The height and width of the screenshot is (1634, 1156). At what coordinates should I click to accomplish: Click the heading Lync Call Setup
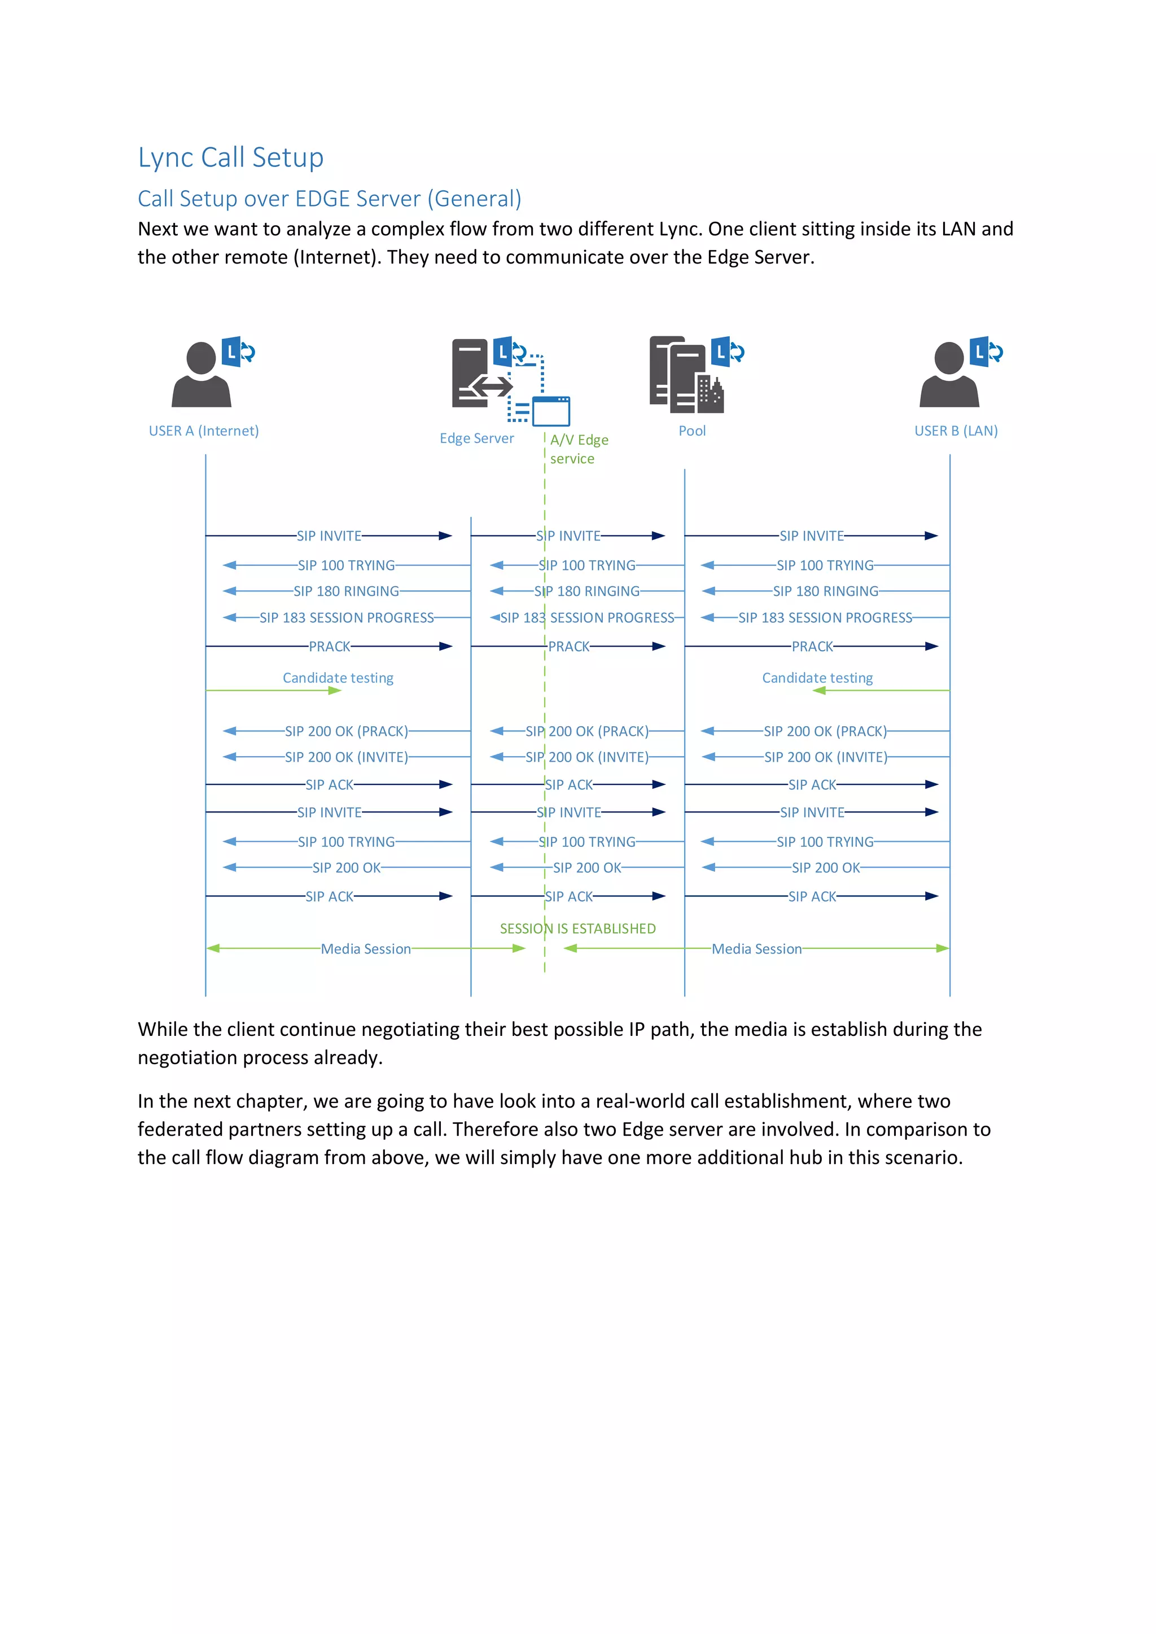point(231,157)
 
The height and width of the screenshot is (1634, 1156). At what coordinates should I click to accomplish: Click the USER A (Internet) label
point(204,431)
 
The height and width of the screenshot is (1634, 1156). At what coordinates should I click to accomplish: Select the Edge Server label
point(476,438)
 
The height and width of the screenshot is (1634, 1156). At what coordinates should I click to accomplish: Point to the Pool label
point(692,431)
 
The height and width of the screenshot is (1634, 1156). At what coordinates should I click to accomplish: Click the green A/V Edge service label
point(578,449)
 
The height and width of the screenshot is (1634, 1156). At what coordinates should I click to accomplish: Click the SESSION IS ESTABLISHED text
point(577,929)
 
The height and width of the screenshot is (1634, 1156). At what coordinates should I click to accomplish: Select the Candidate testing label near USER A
point(338,678)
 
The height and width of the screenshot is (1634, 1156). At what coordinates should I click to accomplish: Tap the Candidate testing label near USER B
point(817,678)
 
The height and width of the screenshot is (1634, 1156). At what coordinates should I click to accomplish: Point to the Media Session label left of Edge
point(365,948)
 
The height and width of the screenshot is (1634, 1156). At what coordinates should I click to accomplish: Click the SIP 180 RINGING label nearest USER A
point(346,591)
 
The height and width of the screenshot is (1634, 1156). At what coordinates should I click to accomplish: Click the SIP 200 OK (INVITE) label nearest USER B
point(826,757)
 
